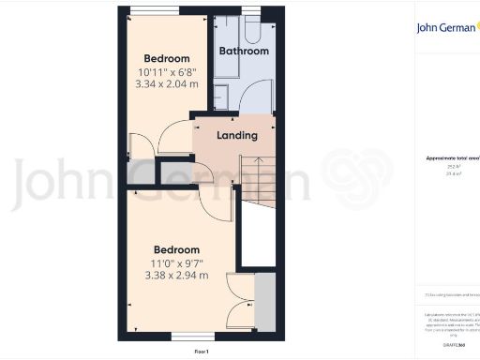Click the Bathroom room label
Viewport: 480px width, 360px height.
click(244, 51)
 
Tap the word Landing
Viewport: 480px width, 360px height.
click(236, 136)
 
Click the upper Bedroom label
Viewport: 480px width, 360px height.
click(166, 58)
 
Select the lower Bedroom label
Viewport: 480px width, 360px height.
click(177, 249)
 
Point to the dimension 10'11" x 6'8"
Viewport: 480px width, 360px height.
click(167, 71)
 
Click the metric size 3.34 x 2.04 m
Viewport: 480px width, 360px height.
click(167, 83)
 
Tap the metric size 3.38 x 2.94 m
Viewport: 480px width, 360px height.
click(177, 276)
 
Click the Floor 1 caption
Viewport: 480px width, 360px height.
click(201, 351)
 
